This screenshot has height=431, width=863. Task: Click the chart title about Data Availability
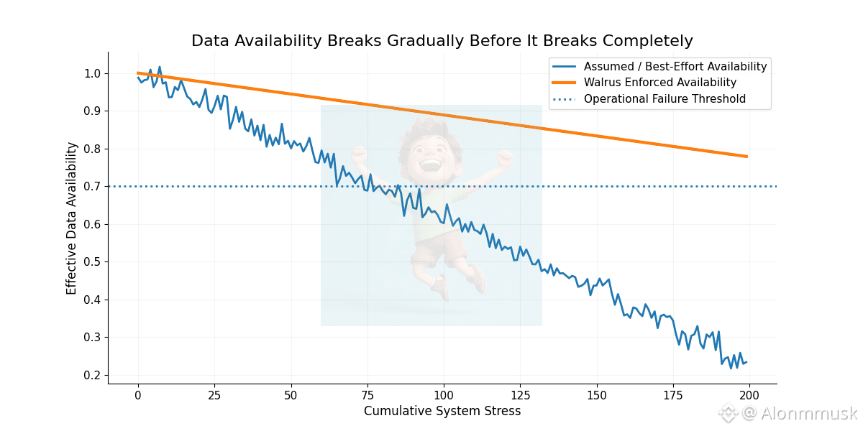click(x=442, y=41)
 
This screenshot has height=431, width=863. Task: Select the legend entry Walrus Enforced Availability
click(x=659, y=83)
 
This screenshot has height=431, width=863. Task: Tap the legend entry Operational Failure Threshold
click(x=664, y=99)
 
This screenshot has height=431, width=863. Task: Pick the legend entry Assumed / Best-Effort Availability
click(x=675, y=67)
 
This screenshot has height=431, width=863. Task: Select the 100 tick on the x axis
click(x=444, y=395)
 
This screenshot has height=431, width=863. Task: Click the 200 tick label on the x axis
click(x=749, y=395)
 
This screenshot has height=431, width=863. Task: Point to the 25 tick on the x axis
click(x=214, y=395)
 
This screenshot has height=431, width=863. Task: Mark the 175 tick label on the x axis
click(x=673, y=395)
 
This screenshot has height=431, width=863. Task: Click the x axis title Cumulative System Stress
click(x=442, y=412)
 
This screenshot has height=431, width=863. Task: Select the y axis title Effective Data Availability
click(x=71, y=218)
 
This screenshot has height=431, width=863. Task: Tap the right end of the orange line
click(x=746, y=156)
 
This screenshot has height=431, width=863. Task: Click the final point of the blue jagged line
click(x=746, y=362)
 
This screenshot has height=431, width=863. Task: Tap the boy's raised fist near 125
click(x=506, y=156)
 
